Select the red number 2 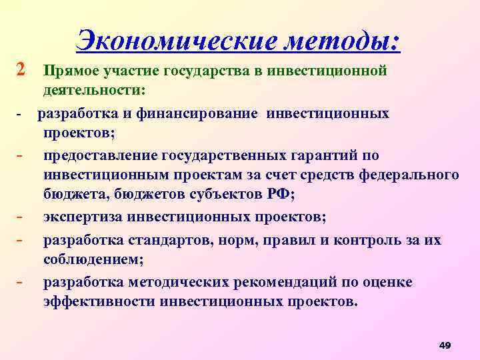pos(21,69)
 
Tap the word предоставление pos(100,156)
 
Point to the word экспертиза pos(79,217)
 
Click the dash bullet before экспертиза pos(21,217)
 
